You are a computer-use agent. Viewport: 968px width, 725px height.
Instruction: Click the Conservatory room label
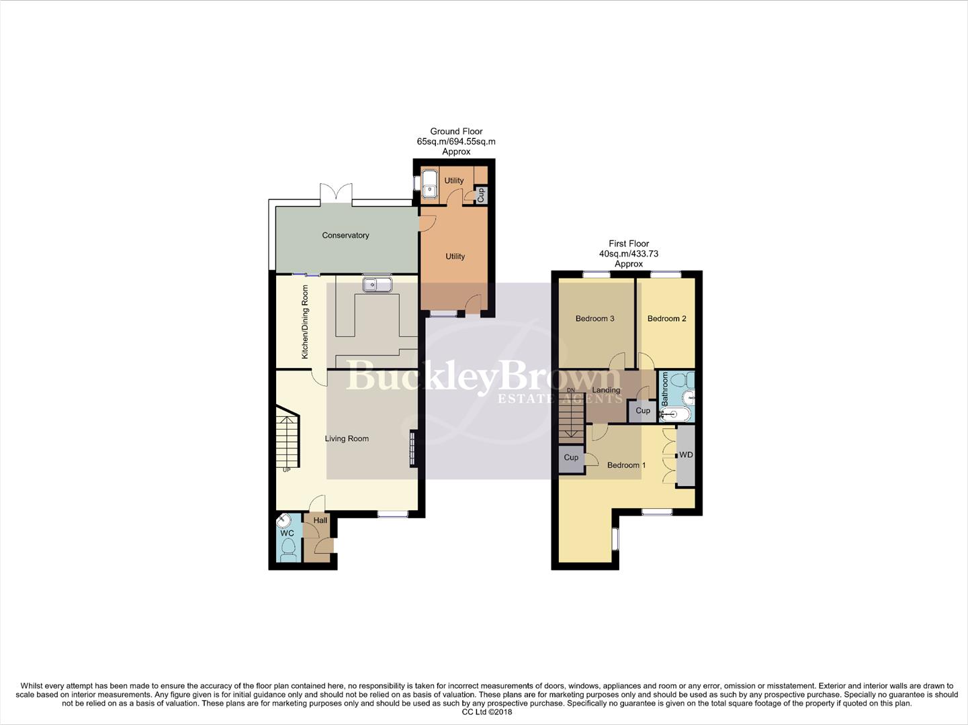point(345,236)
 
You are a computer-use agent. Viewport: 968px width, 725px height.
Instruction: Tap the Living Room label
point(347,439)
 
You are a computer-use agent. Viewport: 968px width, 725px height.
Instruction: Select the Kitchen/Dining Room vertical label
point(305,322)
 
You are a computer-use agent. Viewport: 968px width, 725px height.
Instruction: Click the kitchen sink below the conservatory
point(377,285)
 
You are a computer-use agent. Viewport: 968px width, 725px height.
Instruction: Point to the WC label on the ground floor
point(288,534)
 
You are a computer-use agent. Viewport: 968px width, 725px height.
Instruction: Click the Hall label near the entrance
point(320,520)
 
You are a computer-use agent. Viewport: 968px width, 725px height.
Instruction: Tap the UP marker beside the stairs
point(287,470)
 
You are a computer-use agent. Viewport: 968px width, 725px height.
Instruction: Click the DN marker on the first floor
point(571,390)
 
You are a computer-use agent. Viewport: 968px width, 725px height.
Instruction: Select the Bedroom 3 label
point(595,319)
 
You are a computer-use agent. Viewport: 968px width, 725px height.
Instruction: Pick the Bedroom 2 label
point(666,319)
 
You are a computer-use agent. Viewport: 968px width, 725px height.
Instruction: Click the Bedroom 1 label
point(626,465)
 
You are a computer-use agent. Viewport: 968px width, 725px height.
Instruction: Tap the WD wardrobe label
point(686,455)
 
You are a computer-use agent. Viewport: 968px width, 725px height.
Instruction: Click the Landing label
point(606,390)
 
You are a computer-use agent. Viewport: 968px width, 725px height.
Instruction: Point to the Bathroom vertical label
point(665,389)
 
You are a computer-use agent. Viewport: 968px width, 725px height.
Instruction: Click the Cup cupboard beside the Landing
point(643,411)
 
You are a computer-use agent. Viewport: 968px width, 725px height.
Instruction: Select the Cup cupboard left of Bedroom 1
point(571,458)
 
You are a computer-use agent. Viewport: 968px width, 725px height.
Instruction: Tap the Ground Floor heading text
point(456,132)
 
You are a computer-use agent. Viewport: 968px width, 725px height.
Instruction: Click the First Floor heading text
point(629,244)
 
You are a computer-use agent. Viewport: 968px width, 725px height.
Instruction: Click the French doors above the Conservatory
point(336,193)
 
